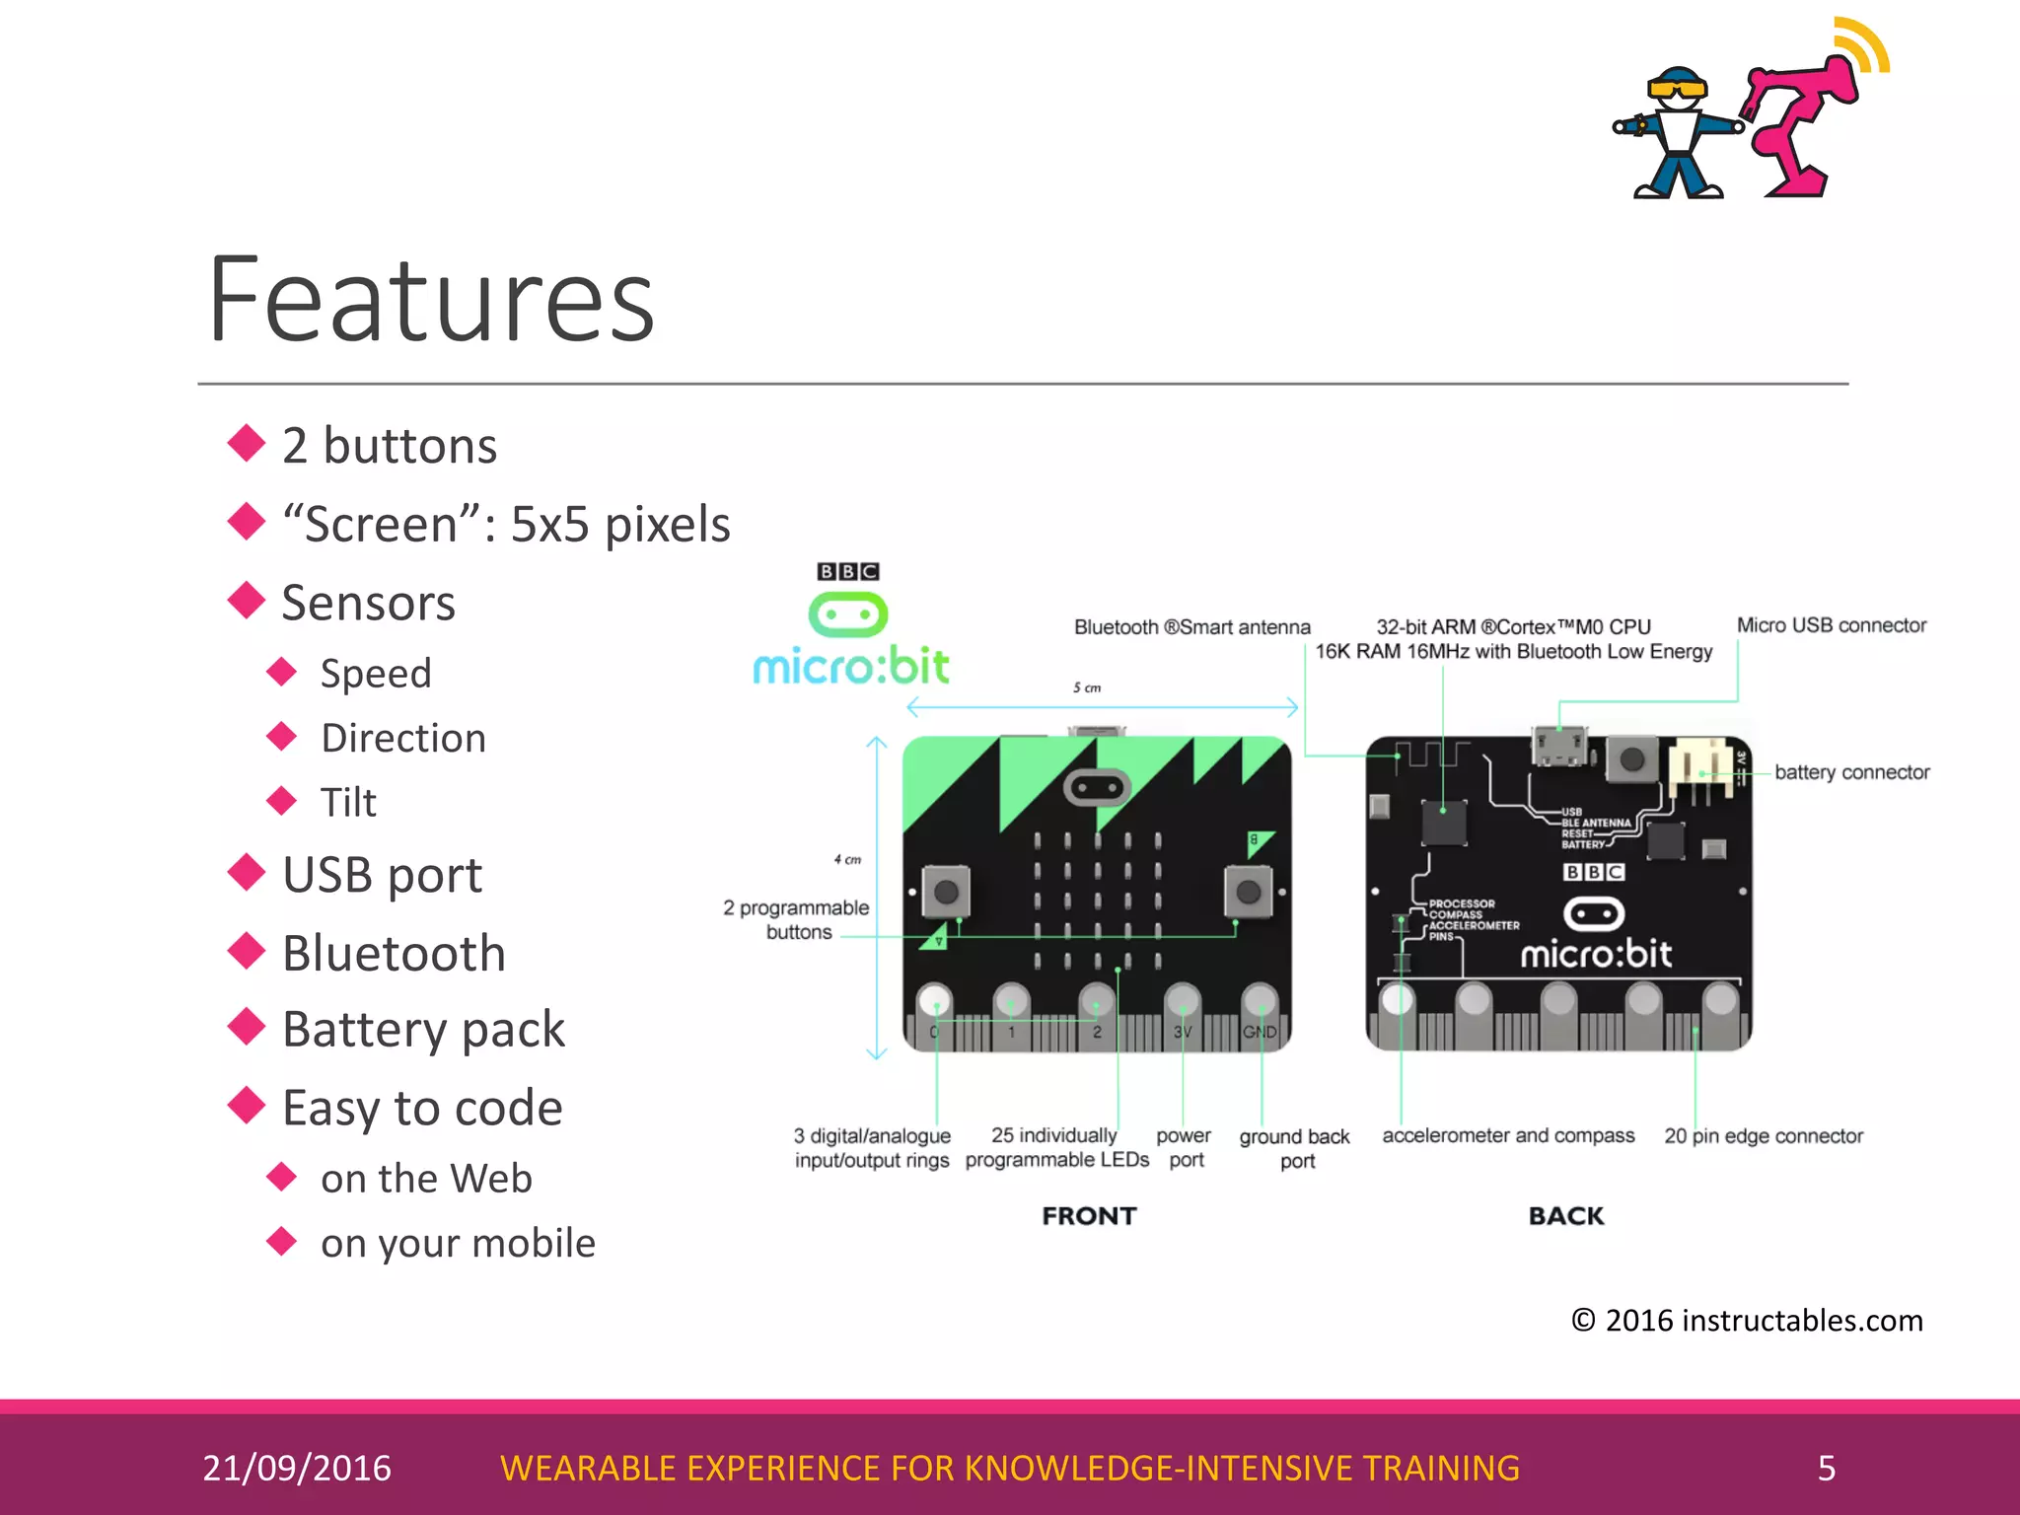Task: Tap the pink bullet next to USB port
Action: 246,872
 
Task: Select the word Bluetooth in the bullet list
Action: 394,953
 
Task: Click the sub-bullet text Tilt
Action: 348,802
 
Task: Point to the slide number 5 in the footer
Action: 1826,1468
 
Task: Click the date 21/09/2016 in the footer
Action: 297,1468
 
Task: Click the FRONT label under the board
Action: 1089,1215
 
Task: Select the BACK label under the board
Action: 1566,1215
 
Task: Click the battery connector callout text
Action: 1851,772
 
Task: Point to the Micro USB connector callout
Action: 1831,625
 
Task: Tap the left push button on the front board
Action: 946,892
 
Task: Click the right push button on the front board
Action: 1248,892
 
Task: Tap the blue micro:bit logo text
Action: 851,667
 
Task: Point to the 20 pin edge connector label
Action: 1764,1136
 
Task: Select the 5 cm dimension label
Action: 1087,687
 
